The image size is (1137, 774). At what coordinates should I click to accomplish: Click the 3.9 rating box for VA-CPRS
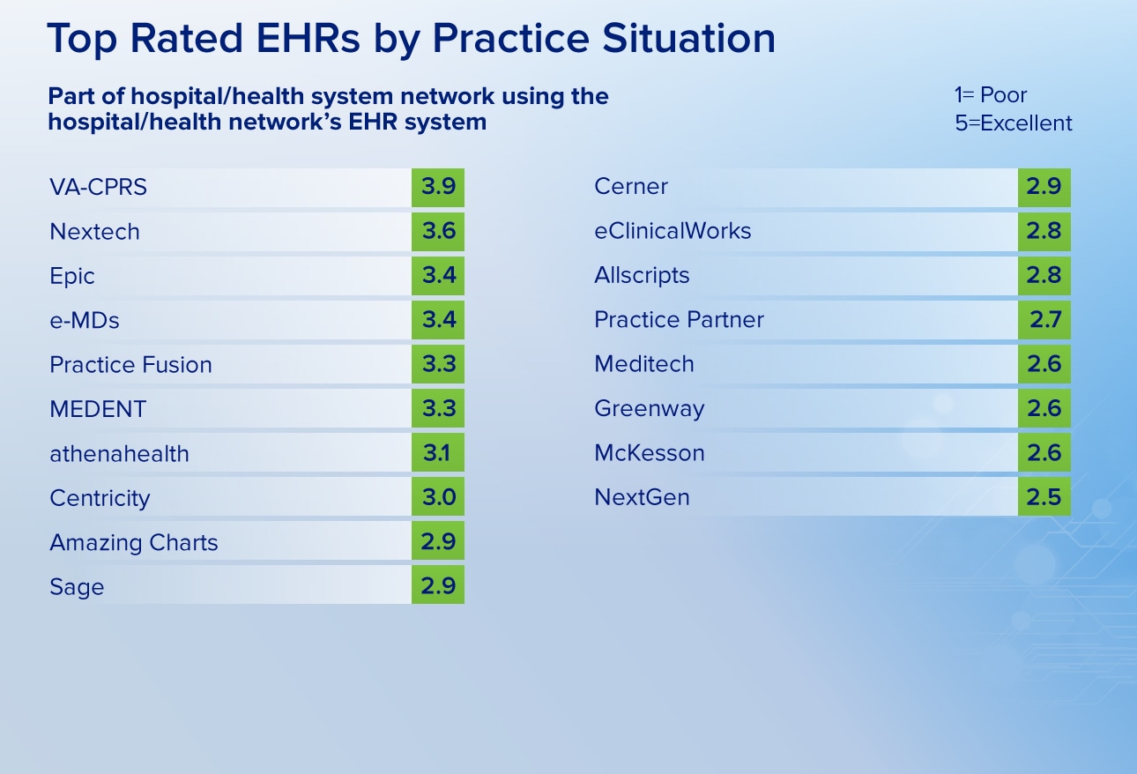click(x=438, y=187)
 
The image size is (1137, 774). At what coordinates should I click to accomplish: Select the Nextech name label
click(x=94, y=232)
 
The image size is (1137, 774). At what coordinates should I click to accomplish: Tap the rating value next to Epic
click(x=438, y=276)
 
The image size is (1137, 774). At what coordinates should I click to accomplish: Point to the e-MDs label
click(x=85, y=321)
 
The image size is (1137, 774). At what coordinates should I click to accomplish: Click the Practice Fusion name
click(x=130, y=365)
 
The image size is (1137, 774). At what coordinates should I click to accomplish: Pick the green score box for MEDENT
click(x=438, y=408)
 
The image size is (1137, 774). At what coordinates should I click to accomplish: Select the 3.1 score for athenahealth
click(x=438, y=453)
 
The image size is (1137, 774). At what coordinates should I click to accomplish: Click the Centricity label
click(x=100, y=498)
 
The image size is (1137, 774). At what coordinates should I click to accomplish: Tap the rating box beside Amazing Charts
click(x=438, y=541)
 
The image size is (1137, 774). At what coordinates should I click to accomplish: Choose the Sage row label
click(x=77, y=587)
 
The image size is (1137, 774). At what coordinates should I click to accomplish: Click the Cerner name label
click(x=630, y=187)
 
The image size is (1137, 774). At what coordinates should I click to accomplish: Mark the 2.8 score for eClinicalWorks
click(x=1044, y=232)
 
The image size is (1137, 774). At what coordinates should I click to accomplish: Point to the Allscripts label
click(x=642, y=276)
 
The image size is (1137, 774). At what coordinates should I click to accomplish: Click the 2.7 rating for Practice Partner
click(x=1044, y=320)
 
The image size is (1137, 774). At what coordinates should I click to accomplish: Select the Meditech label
click(x=643, y=364)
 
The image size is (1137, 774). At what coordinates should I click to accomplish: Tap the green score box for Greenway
click(x=1044, y=408)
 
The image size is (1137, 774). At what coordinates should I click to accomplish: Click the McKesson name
click(x=650, y=453)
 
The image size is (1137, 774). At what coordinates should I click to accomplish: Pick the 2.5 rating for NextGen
click(x=1044, y=497)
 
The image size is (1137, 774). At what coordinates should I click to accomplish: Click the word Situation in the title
click(x=688, y=38)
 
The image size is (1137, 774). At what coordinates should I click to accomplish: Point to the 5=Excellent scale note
click(x=1013, y=123)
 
